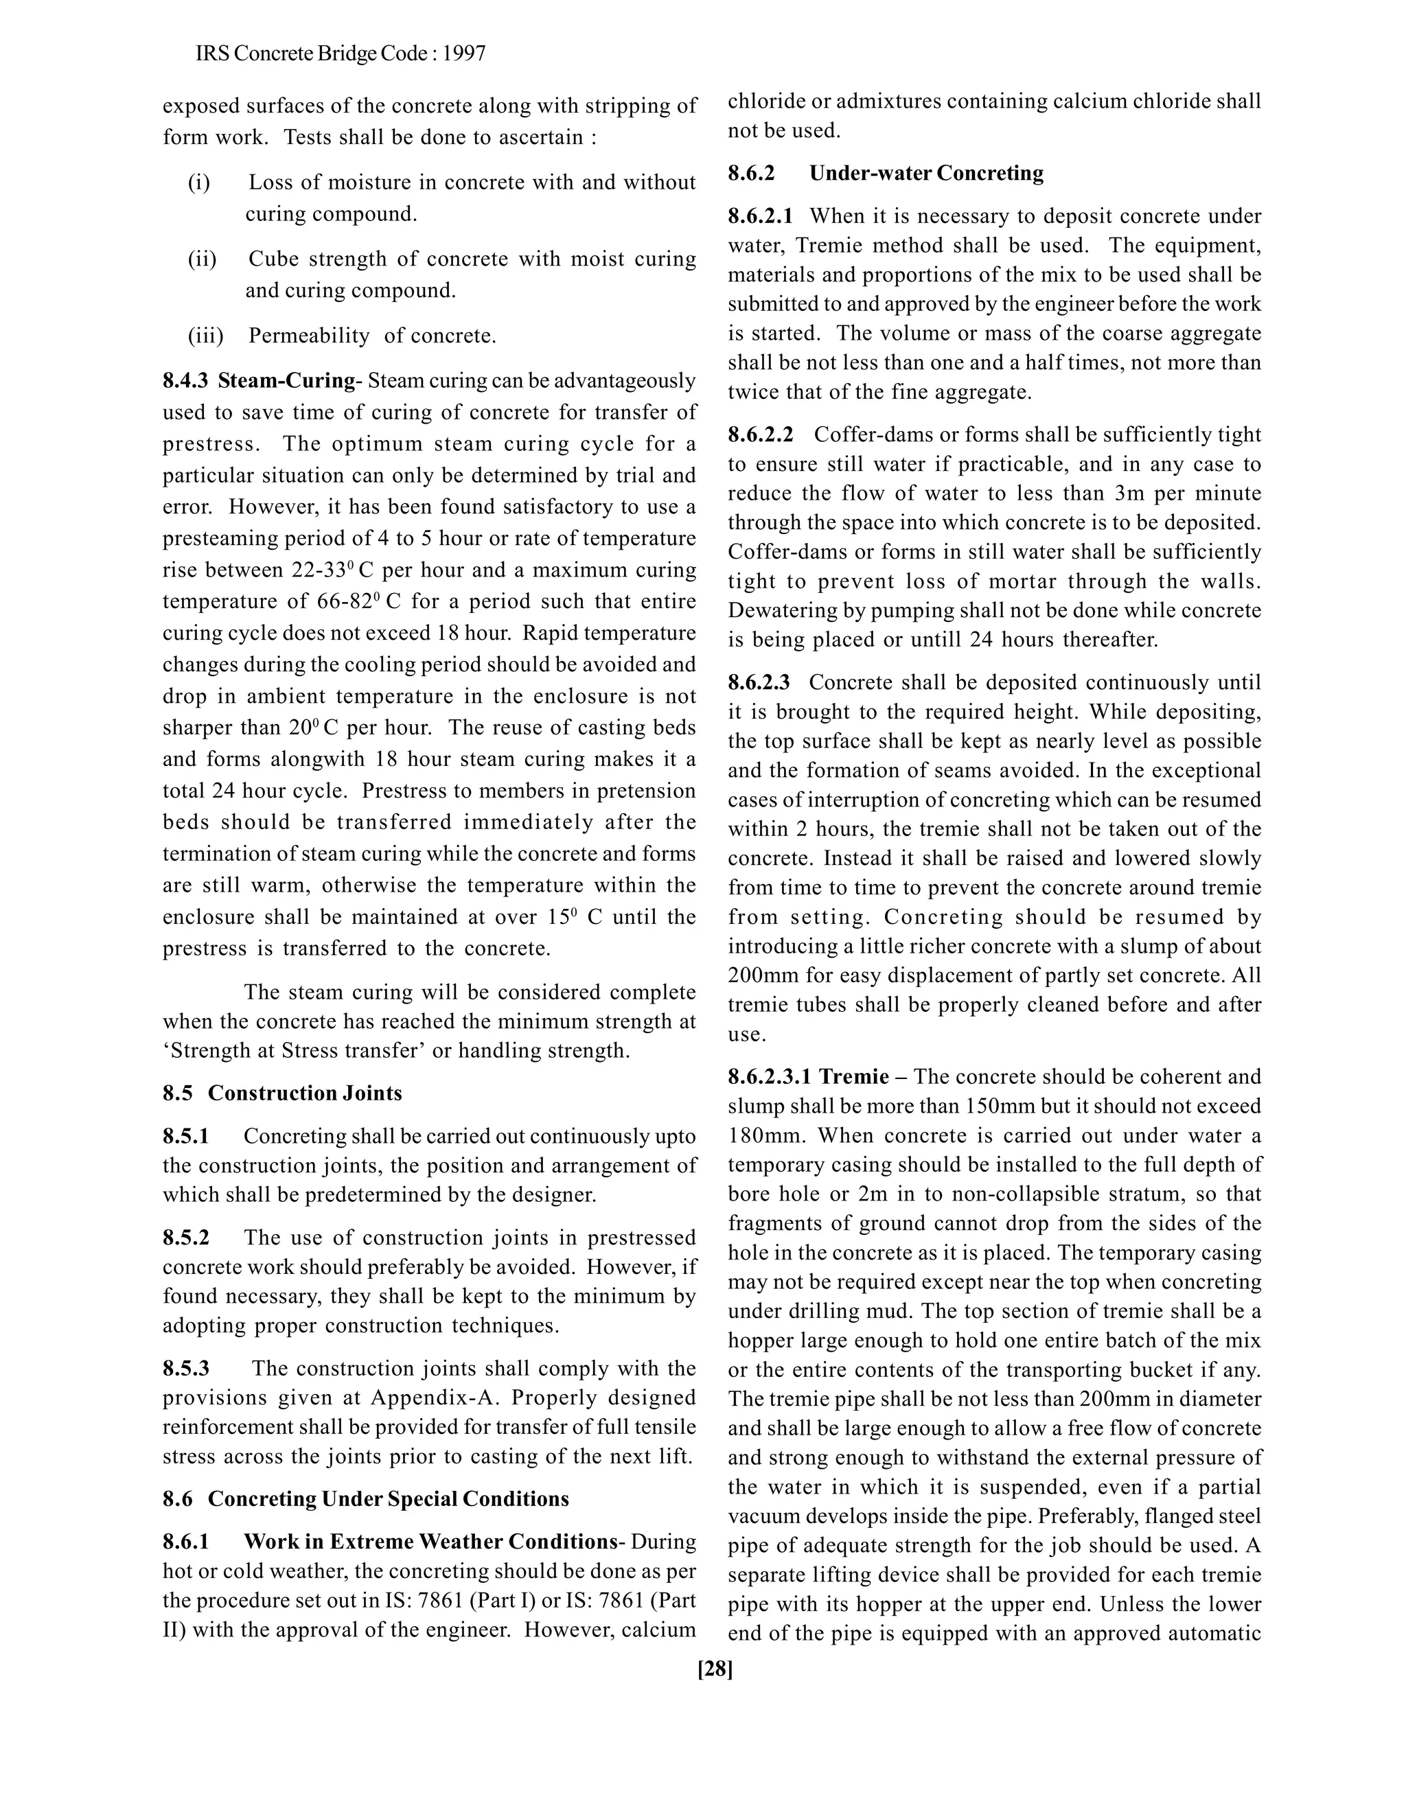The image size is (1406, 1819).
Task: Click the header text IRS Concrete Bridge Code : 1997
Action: click(340, 54)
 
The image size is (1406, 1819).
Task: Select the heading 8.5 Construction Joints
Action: click(282, 1093)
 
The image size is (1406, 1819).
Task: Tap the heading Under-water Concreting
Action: click(926, 172)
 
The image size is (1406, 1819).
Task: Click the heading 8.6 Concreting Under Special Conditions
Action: click(366, 1498)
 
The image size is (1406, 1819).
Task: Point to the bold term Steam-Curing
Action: click(286, 381)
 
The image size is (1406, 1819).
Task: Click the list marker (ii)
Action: click(202, 259)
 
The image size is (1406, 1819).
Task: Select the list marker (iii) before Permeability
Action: click(205, 336)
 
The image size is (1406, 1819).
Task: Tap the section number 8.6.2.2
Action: click(761, 435)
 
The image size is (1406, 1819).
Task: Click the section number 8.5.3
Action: click(186, 1369)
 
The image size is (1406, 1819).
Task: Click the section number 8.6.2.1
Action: click(761, 216)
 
